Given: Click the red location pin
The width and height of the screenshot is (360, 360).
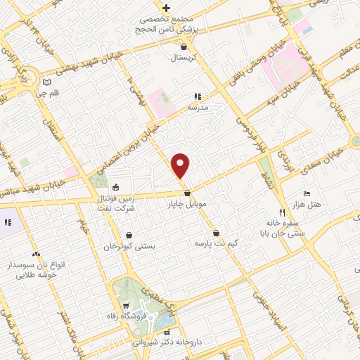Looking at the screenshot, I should point(181,165).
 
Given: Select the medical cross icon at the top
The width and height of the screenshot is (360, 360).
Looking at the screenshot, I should point(166,7).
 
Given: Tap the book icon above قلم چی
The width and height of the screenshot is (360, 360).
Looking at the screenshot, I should point(46,80).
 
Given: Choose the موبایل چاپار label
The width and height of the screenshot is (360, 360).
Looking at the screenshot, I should point(185,204).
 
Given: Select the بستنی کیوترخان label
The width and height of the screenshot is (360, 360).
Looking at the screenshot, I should point(129,247).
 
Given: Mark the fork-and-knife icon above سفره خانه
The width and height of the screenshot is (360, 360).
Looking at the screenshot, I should point(282,212).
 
